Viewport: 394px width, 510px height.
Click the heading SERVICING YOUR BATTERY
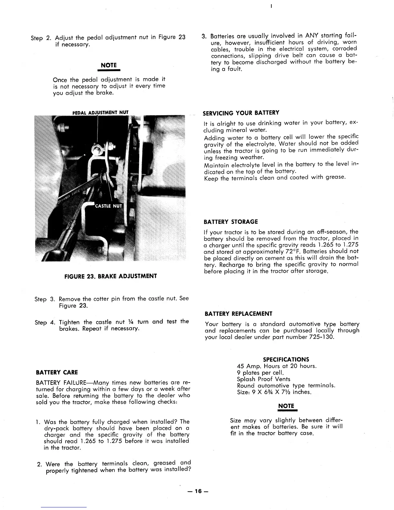click(241, 113)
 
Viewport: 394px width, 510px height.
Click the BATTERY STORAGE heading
click(231, 222)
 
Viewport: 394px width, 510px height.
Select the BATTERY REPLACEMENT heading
click(239, 314)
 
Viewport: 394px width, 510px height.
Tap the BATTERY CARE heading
click(57, 373)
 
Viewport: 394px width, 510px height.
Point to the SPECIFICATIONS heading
click(286, 359)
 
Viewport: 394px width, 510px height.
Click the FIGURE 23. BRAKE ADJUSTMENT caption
click(111, 276)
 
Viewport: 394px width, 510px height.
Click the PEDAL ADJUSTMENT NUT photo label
click(100, 112)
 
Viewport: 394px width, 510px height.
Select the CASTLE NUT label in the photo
click(108, 206)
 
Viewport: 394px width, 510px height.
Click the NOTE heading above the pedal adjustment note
click(109, 65)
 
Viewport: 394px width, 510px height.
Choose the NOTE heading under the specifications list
click(286, 406)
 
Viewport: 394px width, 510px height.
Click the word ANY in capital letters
click(312, 35)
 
